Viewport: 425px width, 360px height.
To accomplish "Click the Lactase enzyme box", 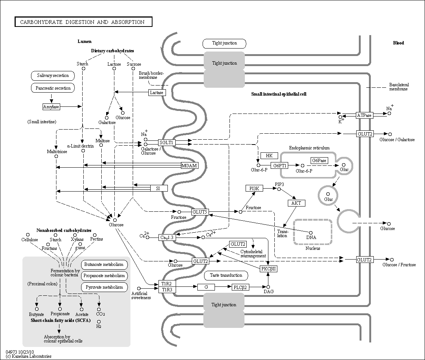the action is (157, 93).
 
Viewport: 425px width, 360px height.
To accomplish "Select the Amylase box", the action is (51, 107).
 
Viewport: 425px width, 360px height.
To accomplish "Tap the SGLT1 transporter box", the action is (166, 143).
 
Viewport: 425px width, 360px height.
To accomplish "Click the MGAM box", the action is (190, 165).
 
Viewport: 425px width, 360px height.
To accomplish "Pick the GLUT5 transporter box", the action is (200, 212).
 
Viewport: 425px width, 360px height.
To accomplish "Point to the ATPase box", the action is (364, 115).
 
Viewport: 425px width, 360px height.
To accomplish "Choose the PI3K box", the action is (254, 188).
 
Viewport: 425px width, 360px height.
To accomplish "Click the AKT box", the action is (296, 203).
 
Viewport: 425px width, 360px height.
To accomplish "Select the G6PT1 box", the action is (279, 165).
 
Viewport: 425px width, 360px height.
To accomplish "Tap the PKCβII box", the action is (268, 269).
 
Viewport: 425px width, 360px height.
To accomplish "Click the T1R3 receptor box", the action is (167, 290).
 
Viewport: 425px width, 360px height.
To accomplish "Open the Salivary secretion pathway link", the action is (53, 75).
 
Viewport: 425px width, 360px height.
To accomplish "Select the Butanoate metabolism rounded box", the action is (104, 265).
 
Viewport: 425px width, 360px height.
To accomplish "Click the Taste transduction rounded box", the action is (226, 276).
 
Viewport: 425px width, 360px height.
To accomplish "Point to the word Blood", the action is (398, 43).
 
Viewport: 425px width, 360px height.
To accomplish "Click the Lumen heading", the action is (84, 41).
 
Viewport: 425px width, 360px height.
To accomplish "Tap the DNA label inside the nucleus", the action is (311, 238).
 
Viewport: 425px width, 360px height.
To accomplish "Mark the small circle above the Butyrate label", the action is (37, 309).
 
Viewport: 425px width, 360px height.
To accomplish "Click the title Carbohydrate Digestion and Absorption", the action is (82, 22).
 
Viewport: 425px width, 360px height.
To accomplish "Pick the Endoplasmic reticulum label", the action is (309, 148).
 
